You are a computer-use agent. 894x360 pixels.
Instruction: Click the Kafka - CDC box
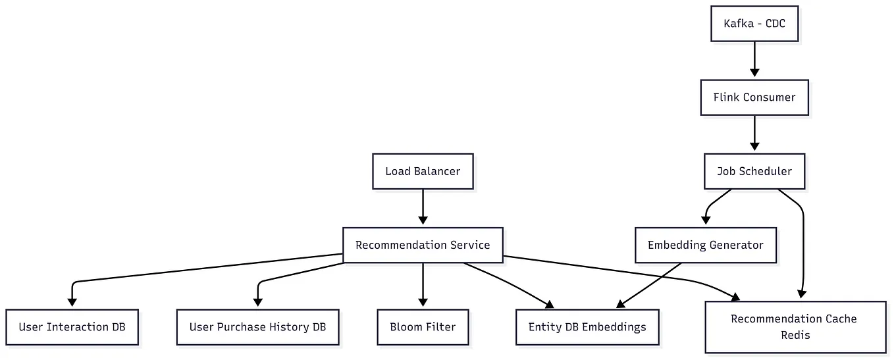(x=754, y=24)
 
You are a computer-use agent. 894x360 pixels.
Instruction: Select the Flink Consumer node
(x=754, y=97)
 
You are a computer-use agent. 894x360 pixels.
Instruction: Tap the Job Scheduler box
(x=754, y=171)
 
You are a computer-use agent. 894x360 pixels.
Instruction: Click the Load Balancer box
(x=423, y=171)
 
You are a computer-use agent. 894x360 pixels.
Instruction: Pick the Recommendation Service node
(x=423, y=245)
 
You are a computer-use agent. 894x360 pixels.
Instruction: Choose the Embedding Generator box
(x=706, y=245)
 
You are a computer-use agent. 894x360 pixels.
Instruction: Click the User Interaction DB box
(x=72, y=327)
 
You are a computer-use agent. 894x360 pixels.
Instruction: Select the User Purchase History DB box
(x=257, y=327)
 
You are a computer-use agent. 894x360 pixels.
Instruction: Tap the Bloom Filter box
(x=423, y=327)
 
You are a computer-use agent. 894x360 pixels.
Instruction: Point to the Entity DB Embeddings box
(x=587, y=327)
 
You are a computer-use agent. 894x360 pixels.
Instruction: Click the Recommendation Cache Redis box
(x=795, y=327)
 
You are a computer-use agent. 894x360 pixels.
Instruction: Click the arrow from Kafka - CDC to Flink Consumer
(x=754, y=59)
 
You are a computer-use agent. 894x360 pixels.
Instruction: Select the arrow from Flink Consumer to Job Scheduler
(x=754, y=134)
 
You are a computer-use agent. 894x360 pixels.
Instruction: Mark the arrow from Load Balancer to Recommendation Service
(x=423, y=207)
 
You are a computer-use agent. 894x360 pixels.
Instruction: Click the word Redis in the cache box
(x=795, y=335)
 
